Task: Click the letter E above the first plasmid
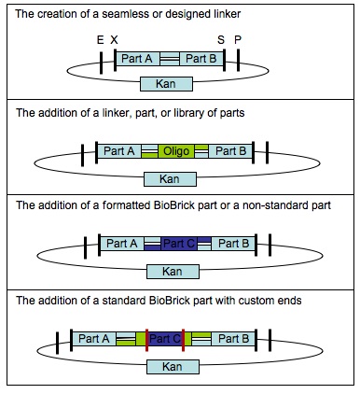click(x=100, y=40)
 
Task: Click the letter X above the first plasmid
click(x=114, y=40)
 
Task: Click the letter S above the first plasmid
click(x=221, y=40)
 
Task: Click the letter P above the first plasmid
click(x=237, y=40)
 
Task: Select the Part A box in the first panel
click(x=136, y=59)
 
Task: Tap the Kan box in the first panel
click(x=169, y=84)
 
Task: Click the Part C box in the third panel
click(x=177, y=244)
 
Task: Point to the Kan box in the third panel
click(x=169, y=271)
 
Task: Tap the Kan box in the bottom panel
click(x=169, y=367)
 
